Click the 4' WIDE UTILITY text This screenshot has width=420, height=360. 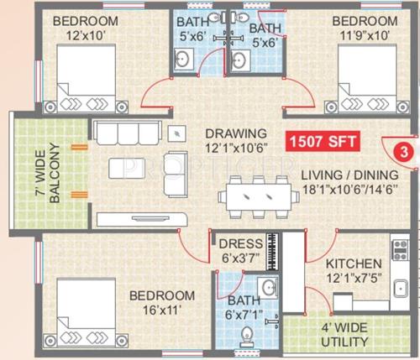[345, 336]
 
